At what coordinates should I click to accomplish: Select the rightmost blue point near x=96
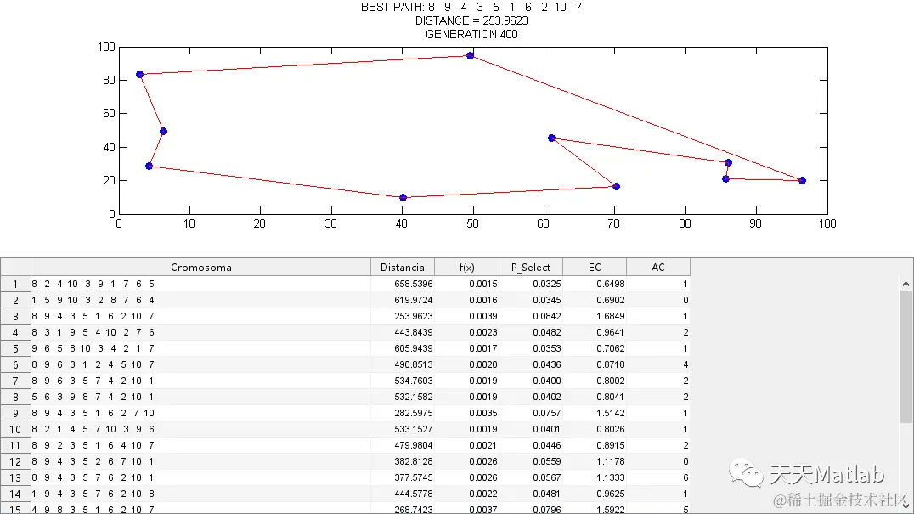(x=802, y=180)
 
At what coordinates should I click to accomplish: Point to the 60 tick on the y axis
(x=108, y=114)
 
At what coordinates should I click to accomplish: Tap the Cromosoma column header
(x=200, y=267)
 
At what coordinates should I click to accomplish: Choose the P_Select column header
(x=531, y=267)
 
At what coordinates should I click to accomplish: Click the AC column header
(x=658, y=267)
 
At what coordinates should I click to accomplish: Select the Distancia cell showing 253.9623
(x=403, y=316)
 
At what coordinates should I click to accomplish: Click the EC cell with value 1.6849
(x=595, y=316)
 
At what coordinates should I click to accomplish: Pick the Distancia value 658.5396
(x=403, y=284)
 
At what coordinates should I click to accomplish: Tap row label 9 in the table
(x=15, y=413)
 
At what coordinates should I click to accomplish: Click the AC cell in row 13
(x=658, y=477)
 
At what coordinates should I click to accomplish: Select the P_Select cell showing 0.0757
(x=531, y=413)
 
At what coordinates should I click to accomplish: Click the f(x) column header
(x=466, y=267)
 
